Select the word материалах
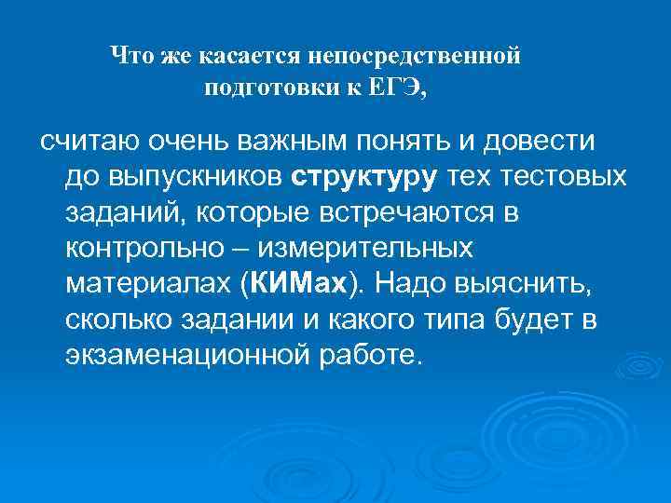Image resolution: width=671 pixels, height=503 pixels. pyautogui.click(x=148, y=284)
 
